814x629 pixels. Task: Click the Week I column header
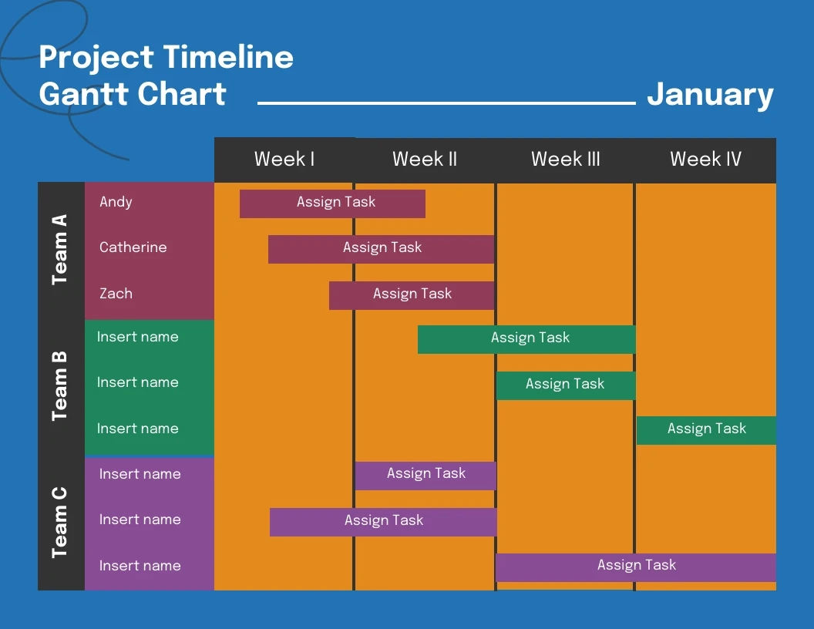click(284, 160)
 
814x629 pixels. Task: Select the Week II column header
click(425, 160)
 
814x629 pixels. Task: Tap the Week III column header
click(565, 160)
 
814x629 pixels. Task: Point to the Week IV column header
click(705, 160)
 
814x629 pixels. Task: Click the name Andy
click(116, 202)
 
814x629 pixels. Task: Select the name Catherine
click(133, 247)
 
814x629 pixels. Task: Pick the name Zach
click(116, 294)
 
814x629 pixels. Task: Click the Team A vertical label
click(60, 250)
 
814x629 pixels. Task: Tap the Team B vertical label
click(60, 386)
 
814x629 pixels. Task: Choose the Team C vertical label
click(60, 523)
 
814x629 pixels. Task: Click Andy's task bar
click(332, 203)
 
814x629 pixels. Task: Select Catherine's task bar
click(381, 249)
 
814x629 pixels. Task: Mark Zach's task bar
click(412, 295)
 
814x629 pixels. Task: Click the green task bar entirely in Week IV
click(706, 430)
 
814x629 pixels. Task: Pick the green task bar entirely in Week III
click(566, 385)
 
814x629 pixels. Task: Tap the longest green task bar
click(526, 339)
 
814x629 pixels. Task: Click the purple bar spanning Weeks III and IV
click(636, 567)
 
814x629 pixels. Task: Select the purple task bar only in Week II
click(425, 475)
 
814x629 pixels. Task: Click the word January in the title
click(710, 94)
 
